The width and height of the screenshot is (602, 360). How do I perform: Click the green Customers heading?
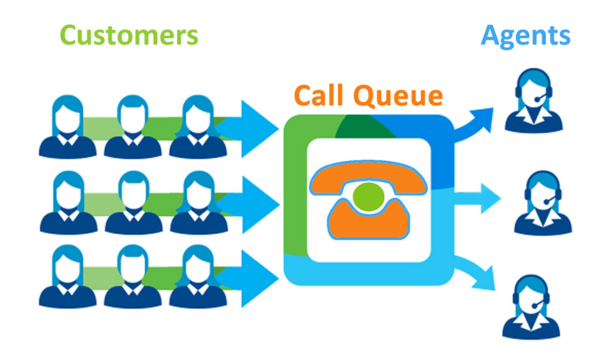[x=128, y=35]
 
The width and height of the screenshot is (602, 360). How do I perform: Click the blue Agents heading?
[x=527, y=35]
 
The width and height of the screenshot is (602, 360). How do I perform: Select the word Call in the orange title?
[x=321, y=96]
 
